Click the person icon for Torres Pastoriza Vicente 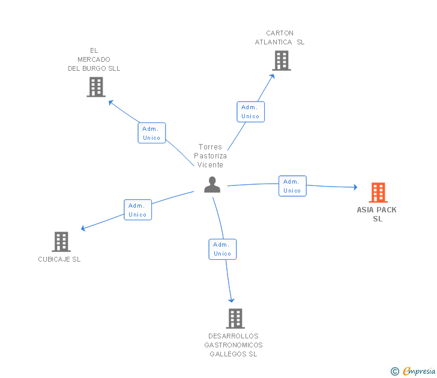pyautogui.click(x=212, y=184)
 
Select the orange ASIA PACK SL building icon pyautogui.click(x=378, y=193)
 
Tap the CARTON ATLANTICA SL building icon pyautogui.click(x=282, y=61)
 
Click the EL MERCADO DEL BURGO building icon pyautogui.click(x=96, y=87)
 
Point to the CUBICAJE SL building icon pyautogui.click(x=61, y=242)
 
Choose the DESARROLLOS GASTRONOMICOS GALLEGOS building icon pyautogui.click(x=235, y=319)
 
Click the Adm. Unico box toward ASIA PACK pyautogui.click(x=292, y=186)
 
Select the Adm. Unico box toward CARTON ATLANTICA pyautogui.click(x=250, y=112)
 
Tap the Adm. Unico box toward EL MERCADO pyautogui.click(x=152, y=133)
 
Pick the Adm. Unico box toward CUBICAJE pyautogui.click(x=137, y=210)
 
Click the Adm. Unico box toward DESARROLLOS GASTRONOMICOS pyautogui.click(x=222, y=250)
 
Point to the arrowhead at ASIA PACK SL pyautogui.click(x=355, y=187)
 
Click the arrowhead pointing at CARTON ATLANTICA pyautogui.click(x=273, y=76)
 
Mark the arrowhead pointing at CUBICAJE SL pyautogui.click(x=83, y=229)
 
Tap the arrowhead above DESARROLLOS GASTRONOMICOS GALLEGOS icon pyautogui.click(x=231, y=300)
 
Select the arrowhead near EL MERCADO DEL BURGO pyautogui.click(x=110, y=103)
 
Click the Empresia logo pyautogui.click(x=413, y=371)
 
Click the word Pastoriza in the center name pyautogui.click(x=211, y=156)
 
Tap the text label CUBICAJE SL pyautogui.click(x=59, y=259)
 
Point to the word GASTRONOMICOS pyautogui.click(x=234, y=345)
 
